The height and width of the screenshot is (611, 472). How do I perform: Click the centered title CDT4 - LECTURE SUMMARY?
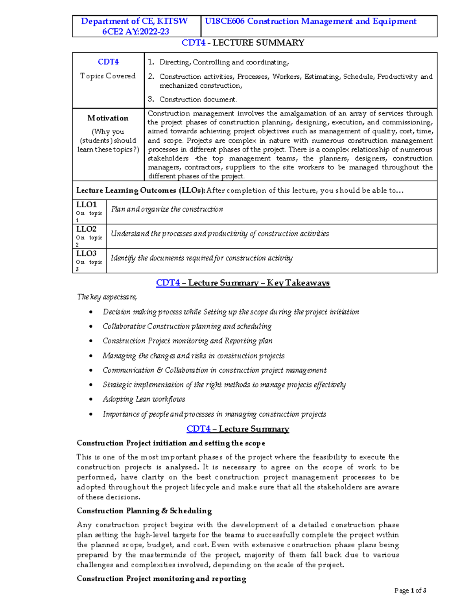tap(243, 43)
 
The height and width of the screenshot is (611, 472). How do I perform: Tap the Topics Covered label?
tap(108, 76)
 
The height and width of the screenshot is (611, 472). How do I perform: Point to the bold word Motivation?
tap(108, 118)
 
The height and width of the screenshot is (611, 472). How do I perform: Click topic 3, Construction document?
tap(198, 100)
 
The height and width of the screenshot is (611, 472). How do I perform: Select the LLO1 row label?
tap(87, 205)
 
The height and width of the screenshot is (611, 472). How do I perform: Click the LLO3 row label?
tap(87, 253)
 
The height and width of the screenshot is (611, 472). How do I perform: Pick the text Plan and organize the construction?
tap(167, 209)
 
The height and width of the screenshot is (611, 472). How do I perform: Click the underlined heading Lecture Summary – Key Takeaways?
tap(258, 283)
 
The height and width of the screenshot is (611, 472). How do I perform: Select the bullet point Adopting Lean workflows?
tap(144, 399)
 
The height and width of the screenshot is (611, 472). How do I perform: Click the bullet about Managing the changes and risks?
tap(194, 356)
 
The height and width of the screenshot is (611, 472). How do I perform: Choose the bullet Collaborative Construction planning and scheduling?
tap(187, 327)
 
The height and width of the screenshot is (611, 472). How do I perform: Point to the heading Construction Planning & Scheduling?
tap(144, 511)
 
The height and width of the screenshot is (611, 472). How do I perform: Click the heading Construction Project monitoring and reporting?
tap(161, 579)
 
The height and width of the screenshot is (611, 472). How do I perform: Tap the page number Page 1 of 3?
tap(410, 591)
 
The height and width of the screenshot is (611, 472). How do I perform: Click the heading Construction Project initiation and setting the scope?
tap(171, 443)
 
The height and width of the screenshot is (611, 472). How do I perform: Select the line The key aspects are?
tap(107, 297)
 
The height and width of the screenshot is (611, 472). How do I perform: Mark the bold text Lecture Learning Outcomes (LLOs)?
tap(140, 190)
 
